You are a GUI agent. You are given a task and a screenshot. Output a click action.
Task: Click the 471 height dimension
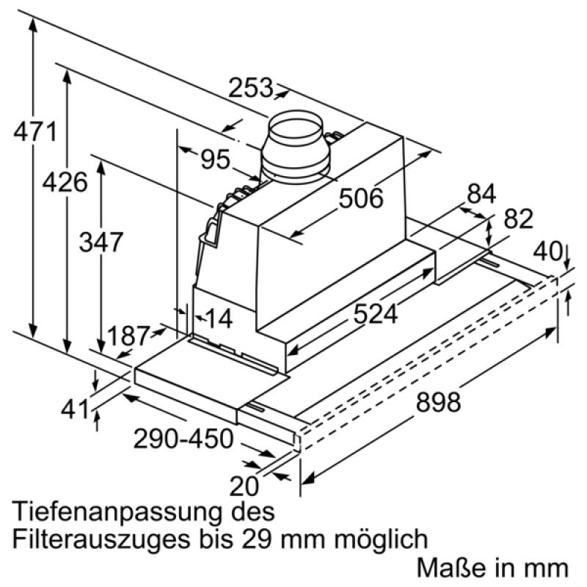point(34,131)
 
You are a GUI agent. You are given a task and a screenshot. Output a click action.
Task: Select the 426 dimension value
point(65,182)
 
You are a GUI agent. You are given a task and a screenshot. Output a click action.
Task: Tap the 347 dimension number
point(101,242)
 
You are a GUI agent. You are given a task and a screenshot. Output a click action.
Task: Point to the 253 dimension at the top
point(250,87)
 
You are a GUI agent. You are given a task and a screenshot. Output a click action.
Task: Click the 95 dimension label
point(215,159)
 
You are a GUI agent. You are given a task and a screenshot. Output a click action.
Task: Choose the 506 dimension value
point(361,198)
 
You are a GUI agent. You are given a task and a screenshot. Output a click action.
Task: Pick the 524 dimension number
point(375,314)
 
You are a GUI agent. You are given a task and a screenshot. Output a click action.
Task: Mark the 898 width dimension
point(438,402)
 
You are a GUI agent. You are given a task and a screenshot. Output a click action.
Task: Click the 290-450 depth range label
point(183,438)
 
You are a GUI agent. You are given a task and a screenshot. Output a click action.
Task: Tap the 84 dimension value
point(481,194)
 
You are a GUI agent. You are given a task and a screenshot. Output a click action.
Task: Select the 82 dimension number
point(519,219)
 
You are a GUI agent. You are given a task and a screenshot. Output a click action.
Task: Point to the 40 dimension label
point(547,251)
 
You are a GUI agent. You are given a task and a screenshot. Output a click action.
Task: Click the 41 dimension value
point(76,409)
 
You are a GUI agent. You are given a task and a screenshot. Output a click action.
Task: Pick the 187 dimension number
point(129,336)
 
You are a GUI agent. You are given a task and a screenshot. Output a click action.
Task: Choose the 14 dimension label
point(219,319)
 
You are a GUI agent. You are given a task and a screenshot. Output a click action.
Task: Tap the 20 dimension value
point(244,486)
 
